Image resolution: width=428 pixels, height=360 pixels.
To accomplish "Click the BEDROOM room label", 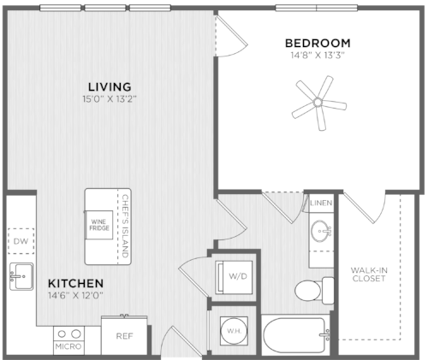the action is point(318,44).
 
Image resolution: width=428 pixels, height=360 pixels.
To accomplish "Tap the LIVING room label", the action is point(110,86).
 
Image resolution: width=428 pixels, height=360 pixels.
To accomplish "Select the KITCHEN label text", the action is point(76,283).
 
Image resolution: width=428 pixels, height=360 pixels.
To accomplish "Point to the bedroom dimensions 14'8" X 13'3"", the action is point(318,55).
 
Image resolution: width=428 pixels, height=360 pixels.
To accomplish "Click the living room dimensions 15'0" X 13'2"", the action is point(110,99).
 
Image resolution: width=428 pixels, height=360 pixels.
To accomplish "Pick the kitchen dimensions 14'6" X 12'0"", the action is point(75,295).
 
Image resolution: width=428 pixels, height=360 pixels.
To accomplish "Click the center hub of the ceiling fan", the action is point(318,102).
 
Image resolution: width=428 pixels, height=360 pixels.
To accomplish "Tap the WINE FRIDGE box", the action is point(99,225).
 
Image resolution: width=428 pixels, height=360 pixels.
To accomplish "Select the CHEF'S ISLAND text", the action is point(125,226).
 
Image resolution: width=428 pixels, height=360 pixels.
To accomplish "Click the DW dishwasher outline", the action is point(21,241).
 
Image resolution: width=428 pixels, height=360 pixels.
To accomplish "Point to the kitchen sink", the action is point(21,276).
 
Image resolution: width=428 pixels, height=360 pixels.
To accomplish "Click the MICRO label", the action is point(68,346).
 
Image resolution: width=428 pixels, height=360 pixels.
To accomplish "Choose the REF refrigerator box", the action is point(124,335).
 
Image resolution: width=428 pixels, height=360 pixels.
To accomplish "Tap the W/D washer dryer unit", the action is point(234,277).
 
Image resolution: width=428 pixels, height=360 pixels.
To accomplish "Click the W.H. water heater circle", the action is point(235,331).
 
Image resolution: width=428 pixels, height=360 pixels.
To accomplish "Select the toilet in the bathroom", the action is point(314,291).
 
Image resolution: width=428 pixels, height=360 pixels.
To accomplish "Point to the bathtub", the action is point(295,335).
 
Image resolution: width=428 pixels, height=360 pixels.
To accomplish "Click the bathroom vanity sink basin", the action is point(320,231).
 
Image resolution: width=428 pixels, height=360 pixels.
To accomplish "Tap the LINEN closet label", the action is point(321,203).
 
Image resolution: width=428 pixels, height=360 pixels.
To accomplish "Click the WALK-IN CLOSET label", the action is point(369,274).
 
